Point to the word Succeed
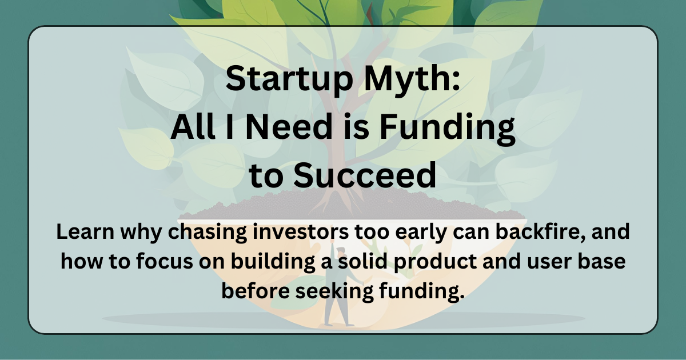tap(365, 177)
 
